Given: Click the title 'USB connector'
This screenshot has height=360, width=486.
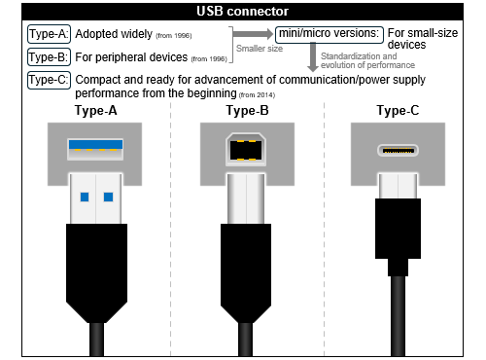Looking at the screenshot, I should click(242, 12).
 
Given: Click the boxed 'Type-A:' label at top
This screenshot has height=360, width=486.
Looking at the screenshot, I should click(49, 34).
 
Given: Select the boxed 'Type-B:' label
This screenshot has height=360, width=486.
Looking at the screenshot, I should click(49, 57).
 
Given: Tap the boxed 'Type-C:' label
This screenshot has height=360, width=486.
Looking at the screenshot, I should click(49, 79).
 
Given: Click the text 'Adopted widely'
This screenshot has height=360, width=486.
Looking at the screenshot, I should click(113, 34).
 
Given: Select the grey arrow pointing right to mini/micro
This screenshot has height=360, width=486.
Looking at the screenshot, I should click(255, 35).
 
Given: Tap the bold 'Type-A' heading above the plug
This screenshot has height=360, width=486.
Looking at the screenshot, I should click(97, 111).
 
